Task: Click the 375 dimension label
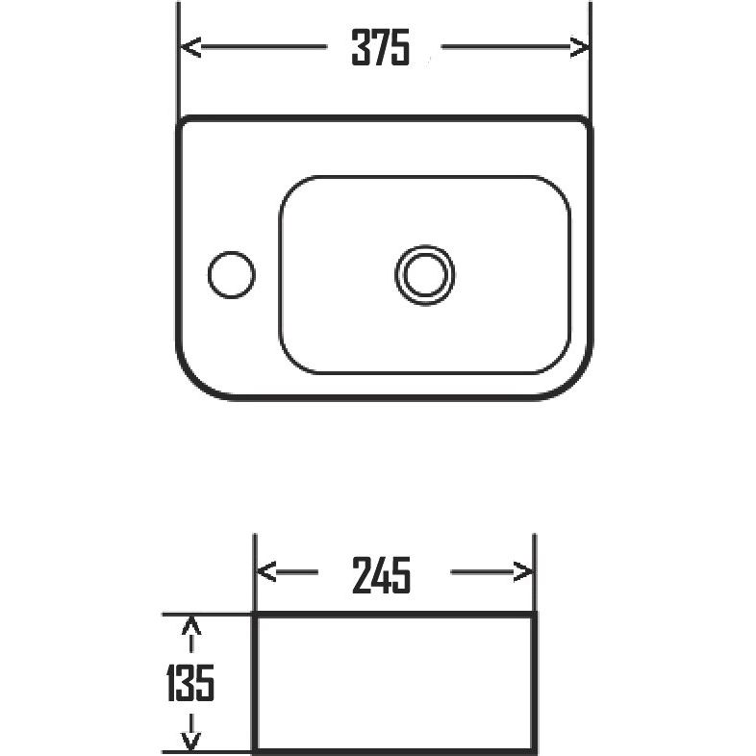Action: point(381,47)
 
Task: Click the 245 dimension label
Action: point(381,574)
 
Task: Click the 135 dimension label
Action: point(190,683)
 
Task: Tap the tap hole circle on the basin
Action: point(232,274)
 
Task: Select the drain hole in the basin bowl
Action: point(425,275)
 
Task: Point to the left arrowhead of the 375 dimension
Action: point(190,47)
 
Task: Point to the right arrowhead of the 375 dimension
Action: point(579,47)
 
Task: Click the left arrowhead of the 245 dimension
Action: point(265,572)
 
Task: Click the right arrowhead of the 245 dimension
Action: point(523,572)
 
